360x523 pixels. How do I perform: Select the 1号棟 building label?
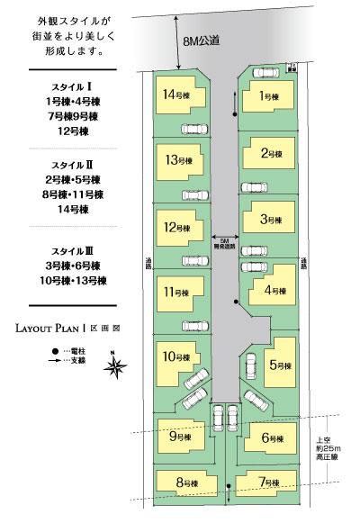click(x=266, y=95)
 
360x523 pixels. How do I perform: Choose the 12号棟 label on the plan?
click(x=176, y=227)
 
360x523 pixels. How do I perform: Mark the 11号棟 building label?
click(x=177, y=293)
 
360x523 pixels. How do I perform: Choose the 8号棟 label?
click(x=186, y=483)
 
